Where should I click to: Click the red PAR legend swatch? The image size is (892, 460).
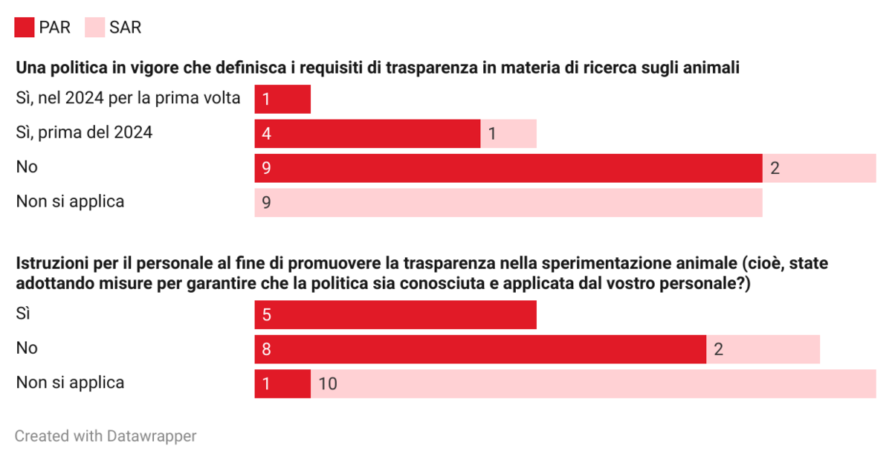point(25,28)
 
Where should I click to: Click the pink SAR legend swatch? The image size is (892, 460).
point(95,28)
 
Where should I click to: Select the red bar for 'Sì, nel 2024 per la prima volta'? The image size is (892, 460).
point(282,99)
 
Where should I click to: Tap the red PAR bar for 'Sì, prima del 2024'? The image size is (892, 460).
point(367,134)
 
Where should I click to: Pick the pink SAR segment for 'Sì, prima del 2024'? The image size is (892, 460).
point(508,134)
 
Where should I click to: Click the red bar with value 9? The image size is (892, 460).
point(508,168)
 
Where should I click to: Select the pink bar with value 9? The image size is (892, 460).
point(508,203)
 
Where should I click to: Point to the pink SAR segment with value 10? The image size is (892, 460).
point(593,383)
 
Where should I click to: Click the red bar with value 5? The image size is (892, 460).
point(395,314)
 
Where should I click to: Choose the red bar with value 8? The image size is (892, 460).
point(480,349)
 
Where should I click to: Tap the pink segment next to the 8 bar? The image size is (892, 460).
point(763,349)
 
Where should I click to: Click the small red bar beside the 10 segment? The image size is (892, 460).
point(282,383)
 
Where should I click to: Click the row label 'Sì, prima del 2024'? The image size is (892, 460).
point(84,133)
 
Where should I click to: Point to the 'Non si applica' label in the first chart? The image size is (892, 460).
point(70,201)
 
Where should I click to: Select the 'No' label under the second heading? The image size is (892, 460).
point(27,348)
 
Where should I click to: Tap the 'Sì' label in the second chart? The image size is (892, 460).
point(23,314)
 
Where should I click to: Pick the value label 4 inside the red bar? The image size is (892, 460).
point(265,134)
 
